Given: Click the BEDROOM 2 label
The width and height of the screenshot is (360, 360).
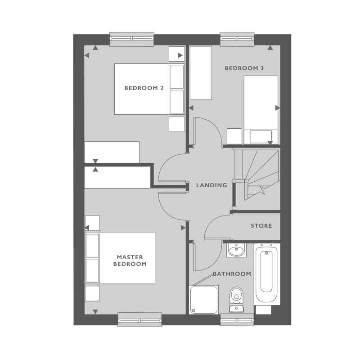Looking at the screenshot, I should [144, 88].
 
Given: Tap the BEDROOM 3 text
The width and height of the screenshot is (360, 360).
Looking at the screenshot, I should [244, 68].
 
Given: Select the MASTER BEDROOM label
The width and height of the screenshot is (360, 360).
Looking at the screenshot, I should [130, 261].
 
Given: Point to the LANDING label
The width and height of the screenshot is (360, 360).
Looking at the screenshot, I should [211, 185].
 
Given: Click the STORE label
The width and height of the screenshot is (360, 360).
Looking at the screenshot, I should [261, 225].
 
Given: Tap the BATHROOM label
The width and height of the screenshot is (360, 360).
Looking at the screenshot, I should [232, 274].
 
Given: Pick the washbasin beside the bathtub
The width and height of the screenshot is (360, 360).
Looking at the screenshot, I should [236, 250].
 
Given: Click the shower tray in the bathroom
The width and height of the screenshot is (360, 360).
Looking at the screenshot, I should [203, 299].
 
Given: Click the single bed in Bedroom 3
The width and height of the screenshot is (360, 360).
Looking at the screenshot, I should [261, 108].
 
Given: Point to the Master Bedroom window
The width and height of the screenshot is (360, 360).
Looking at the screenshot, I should [139, 319].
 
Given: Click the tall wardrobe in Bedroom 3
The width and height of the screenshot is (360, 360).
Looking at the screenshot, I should [201, 73].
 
